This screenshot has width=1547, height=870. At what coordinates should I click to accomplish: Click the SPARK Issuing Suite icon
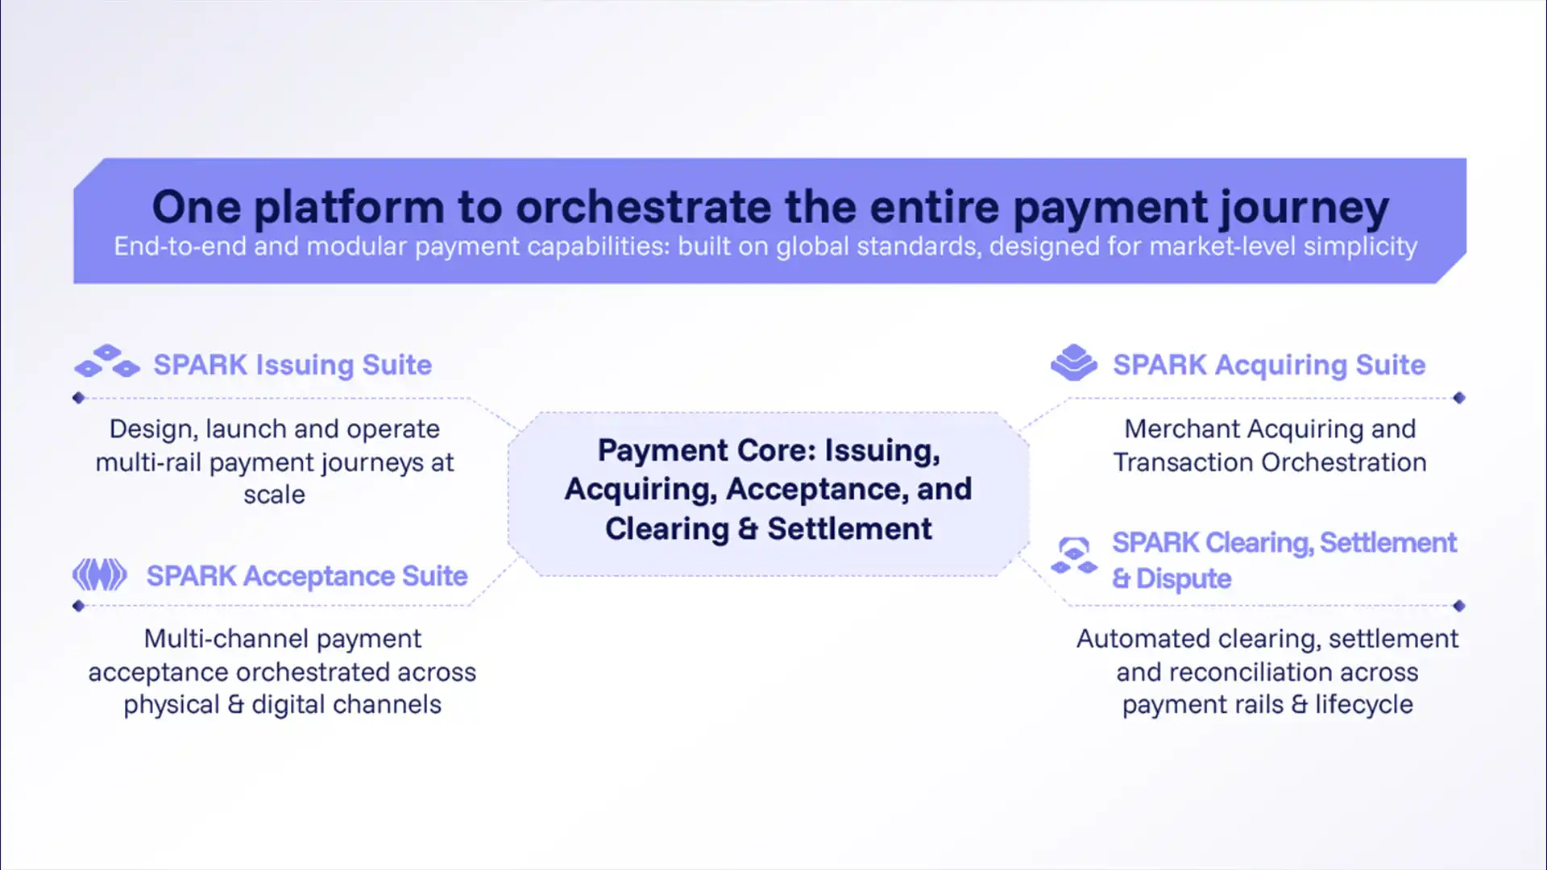[x=107, y=362]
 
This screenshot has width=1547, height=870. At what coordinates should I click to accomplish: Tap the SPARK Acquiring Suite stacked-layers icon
[x=1074, y=362]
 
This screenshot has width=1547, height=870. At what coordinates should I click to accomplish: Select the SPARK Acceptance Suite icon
[x=100, y=575]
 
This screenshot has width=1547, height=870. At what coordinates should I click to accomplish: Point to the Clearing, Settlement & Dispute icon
[x=1074, y=556]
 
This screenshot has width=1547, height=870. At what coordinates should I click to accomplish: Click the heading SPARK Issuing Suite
[x=292, y=365]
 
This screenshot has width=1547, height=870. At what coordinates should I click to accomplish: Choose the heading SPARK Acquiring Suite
[x=1269, y=365]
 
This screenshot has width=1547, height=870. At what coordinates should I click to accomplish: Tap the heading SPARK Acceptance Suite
[x=307, y=576]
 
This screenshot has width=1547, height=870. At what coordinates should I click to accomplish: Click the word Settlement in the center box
[x=849, y=529]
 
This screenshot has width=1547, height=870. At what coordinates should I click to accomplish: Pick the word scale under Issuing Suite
[x=275, y=495]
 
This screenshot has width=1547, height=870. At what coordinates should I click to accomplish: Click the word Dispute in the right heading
[x=1184, y=579]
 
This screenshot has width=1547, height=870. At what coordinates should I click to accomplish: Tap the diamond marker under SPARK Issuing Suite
[x=78, y=398]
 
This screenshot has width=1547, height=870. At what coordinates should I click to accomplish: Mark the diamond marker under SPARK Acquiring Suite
[x=1459, y=398]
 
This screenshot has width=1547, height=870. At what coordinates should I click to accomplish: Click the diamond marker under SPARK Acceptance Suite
[x=78, y=606]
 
